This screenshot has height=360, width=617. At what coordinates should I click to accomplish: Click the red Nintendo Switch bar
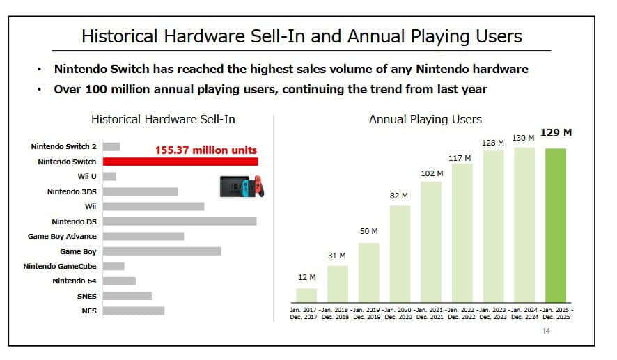tap(180, 162)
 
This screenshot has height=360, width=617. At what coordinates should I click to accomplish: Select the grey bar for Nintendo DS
tap(180, 221)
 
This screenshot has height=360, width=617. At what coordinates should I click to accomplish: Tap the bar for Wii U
tap(109, 177)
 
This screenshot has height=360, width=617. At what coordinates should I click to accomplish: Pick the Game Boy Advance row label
tap(62, 237)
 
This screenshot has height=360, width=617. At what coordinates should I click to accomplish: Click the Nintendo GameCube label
tap(60, 266)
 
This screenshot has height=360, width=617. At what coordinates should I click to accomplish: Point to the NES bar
tap(134, 311)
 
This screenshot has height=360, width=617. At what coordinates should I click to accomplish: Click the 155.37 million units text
tap(205, 150)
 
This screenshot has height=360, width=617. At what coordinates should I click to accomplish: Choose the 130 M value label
tap(523, 138)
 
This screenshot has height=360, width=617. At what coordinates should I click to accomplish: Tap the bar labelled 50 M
tap(368, 272)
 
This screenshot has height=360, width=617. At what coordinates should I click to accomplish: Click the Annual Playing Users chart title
tap(425, 120)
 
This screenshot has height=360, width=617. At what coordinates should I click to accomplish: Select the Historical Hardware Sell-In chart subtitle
tap(163, 120)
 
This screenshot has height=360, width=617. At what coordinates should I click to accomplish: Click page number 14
tap(546, 331)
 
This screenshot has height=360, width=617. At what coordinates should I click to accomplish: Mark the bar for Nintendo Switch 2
tap(111, 147)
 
